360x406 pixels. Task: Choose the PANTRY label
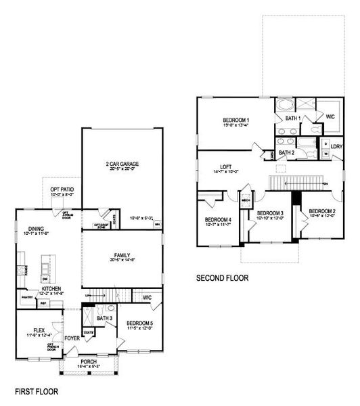(x=27, y=297)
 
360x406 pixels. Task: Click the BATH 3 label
(x=104, y=317)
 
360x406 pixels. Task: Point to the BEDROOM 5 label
(x=139, y=323)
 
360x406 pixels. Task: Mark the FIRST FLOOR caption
(x=36, y=391)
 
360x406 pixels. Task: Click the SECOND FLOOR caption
(x=222, y=277)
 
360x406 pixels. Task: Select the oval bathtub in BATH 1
(x=284, y=106)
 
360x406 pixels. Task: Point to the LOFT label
(x=225, y=167)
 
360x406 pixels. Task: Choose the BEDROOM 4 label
(x=218, y=220)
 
